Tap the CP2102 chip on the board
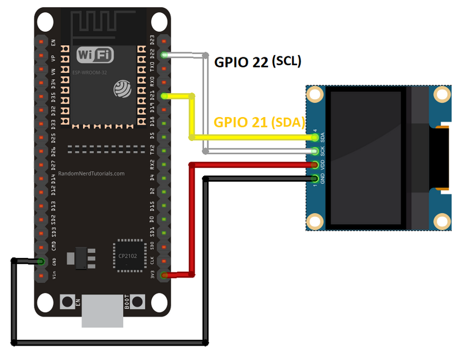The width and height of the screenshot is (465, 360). pos(128,256)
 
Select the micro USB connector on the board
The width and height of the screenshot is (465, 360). pos(103,312)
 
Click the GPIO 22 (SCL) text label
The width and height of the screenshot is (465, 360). pos(258,62)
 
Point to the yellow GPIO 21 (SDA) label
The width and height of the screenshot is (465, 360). pos(259,123)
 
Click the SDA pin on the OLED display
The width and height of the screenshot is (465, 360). pos(316,137)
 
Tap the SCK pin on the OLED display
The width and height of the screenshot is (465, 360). pos(316,151)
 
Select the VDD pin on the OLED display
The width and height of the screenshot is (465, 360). pos(316,165)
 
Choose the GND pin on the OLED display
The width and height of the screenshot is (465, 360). pos(316,179)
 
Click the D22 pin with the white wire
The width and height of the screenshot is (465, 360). pos(164,55)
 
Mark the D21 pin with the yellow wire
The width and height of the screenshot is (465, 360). pos(164,96)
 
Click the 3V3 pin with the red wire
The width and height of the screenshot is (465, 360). pos(164,275)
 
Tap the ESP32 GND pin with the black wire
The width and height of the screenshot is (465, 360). pos(41,261)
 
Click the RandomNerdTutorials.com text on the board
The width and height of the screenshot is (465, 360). pos(92,173)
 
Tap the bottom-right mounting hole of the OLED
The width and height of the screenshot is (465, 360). pos(442,222)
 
